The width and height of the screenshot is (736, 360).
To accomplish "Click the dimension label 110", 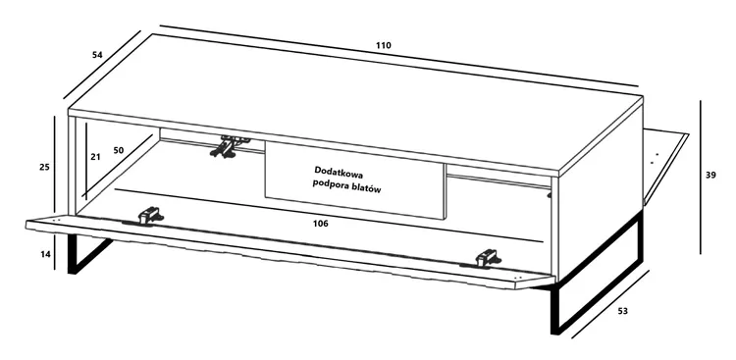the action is pos(383,45).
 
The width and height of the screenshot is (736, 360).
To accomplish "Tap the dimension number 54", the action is pos(97,55).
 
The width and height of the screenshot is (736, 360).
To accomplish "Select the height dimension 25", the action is pos(44,167).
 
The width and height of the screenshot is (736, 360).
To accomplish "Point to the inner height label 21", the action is pos(95,157).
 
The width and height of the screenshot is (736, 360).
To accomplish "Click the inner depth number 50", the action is pos(119,150).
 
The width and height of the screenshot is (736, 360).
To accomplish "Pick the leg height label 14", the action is pos(45,254).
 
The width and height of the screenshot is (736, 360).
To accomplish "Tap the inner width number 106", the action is pos(320,224).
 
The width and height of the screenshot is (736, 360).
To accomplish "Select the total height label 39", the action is pos(710,175).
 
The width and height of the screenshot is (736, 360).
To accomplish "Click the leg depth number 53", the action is pos(622,311).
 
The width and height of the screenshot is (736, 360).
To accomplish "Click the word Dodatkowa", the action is pos(340,172).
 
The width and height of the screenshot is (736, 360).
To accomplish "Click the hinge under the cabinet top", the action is pos(230,146).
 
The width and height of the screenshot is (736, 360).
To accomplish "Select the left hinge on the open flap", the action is pos(149,216).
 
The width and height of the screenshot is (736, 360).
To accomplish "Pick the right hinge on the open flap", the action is pos(487,258).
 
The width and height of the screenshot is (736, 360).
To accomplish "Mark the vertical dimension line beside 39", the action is pos(701,177).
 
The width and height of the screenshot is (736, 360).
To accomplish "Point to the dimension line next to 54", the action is pos(102,66).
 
